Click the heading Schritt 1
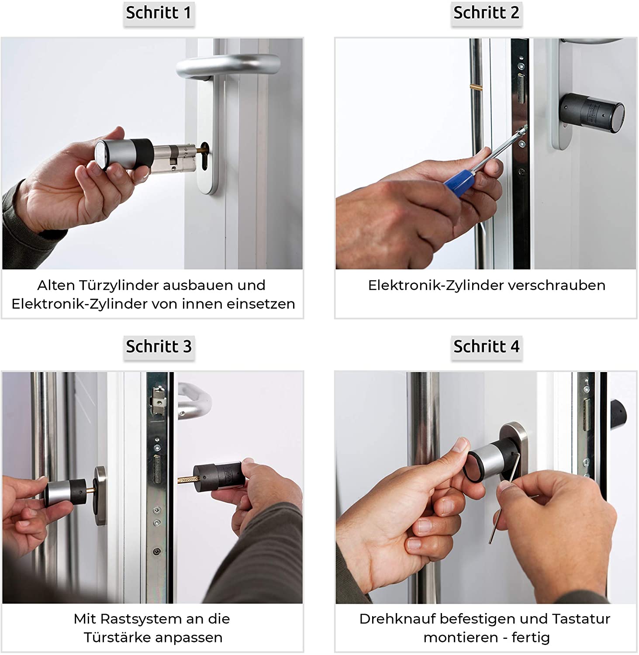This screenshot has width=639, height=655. (159, 13)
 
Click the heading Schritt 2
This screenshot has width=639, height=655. (486, 13)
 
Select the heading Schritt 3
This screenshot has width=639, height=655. (159, 347)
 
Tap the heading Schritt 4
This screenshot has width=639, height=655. (486, 347)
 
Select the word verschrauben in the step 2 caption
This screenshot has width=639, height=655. (560, 285)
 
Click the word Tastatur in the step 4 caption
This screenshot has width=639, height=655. (581, 619)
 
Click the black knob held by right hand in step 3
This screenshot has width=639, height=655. (218, 480)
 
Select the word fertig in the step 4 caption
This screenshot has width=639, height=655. (531, 638)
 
